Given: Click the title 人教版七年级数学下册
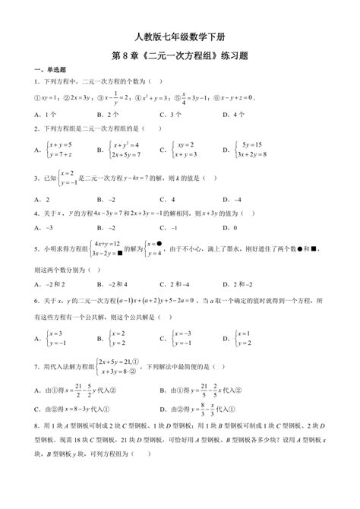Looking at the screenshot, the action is [x=179, y=36].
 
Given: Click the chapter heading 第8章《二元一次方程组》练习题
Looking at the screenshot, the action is [x=179, y=55].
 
